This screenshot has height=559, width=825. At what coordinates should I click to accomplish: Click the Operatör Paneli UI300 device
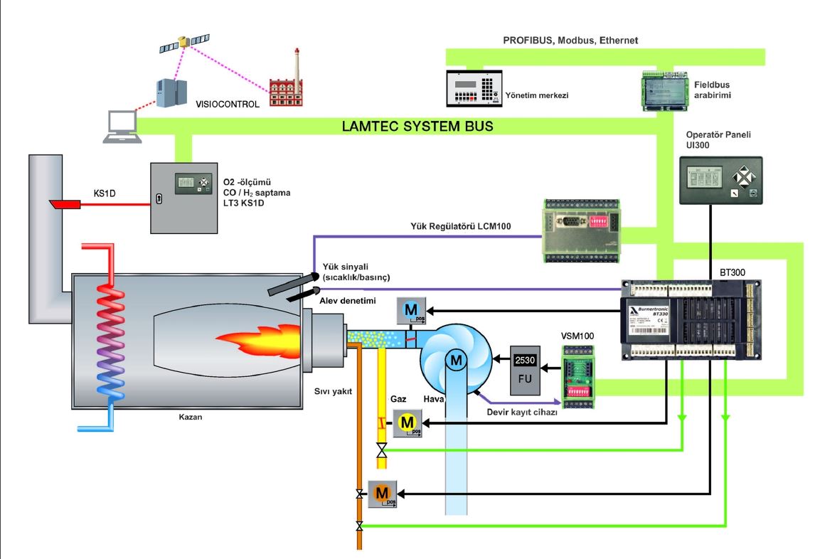[721, 181]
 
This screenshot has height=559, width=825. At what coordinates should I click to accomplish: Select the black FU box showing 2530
[526, 369]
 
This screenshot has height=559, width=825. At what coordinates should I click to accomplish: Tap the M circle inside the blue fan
[454, 362]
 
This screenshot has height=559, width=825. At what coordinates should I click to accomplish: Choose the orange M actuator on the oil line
[382, 491]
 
